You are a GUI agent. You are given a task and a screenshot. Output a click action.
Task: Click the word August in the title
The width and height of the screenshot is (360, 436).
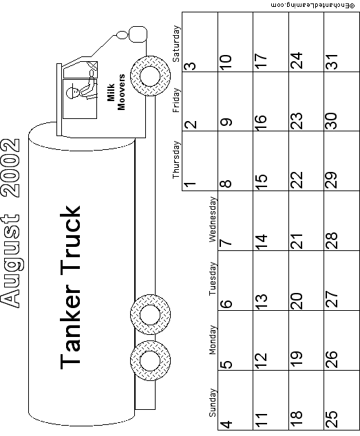pos(10,260)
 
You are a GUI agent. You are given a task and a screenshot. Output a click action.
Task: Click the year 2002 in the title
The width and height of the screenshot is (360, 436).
pos(10,168)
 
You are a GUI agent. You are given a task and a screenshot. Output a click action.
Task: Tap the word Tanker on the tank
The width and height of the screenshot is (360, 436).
pos(70,324)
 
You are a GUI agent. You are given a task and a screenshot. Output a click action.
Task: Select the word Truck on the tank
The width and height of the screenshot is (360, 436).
pos(70,239)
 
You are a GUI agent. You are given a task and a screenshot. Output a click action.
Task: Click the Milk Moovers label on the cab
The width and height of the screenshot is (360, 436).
pos(116,92)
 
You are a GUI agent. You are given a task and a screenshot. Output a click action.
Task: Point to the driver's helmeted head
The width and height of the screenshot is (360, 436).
pos(72,91)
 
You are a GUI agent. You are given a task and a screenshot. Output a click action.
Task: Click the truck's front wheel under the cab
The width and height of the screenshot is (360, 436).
pos(150,76)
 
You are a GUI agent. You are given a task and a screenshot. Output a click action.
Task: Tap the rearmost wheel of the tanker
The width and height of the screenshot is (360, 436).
pos(150,360)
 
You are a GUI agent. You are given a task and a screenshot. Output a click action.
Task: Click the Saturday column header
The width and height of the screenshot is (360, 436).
pos(176,43)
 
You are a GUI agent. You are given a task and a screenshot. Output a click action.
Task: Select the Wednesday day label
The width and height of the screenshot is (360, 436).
pos(213,219)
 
